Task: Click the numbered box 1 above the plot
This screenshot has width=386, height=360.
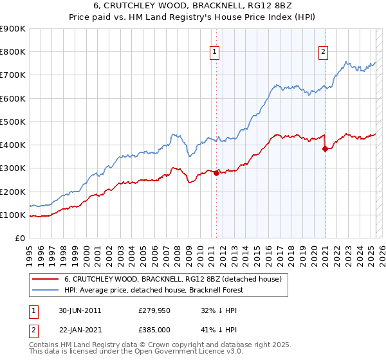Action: (214, 53)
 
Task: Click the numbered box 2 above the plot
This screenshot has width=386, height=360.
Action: (323, 53)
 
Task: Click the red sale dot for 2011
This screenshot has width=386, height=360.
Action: (216, 173)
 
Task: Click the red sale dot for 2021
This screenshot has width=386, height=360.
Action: (325, 148)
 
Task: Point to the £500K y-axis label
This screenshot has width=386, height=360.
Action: (13, 122)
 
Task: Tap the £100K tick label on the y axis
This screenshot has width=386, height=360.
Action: (13, 215)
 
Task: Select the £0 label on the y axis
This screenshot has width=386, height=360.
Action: (19, 239)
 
